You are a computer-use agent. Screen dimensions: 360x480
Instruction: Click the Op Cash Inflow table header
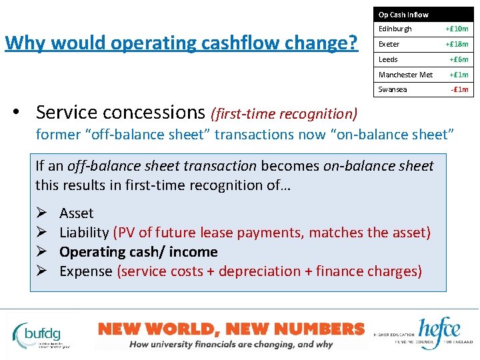click(403, 14)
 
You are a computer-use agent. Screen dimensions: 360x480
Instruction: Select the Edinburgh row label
click(395, 29)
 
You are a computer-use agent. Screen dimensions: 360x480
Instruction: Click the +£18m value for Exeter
click(457, 44)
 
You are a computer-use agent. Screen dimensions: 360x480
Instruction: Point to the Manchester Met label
click(405, 75)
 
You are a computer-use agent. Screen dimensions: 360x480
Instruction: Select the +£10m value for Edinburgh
click(457, 29)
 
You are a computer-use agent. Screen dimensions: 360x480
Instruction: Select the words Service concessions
click(121, 112)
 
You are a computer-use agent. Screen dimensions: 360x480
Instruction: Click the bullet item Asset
click(76, 213)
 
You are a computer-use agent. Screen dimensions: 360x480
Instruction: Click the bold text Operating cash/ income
click(138, 252)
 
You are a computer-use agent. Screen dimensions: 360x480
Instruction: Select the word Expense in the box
click(86, 271)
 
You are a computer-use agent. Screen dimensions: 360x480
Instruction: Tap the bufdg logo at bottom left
click(43, 331)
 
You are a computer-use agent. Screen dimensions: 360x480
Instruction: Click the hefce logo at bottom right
click(439, 331)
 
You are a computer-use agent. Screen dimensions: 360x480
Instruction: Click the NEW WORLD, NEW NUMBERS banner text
click(231, 328)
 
